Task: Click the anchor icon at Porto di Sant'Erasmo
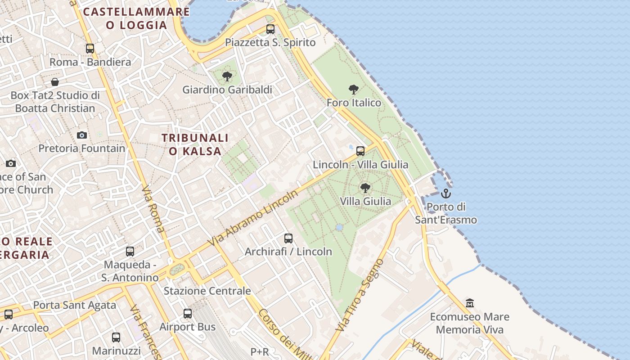(445, 193)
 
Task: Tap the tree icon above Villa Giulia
(365, 188)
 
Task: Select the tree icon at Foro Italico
(354, 90)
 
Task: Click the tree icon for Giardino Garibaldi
(227, 76)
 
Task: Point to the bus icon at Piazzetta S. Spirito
(270, 29)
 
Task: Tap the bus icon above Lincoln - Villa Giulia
(360, 151)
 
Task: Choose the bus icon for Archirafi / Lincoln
(288, 238)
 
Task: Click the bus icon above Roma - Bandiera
(90, 49)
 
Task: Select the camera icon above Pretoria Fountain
(82, 135)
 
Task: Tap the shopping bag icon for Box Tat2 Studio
(55, 82)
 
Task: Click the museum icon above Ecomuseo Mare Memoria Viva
(470, 303)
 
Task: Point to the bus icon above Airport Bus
(188, 314)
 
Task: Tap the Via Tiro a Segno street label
(361, 295)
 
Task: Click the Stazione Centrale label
(207, 291)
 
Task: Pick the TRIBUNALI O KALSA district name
(195, 144)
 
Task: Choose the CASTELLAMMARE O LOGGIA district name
(137, 18)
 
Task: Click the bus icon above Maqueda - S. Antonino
(130, 252)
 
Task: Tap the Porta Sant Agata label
(75, 305)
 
